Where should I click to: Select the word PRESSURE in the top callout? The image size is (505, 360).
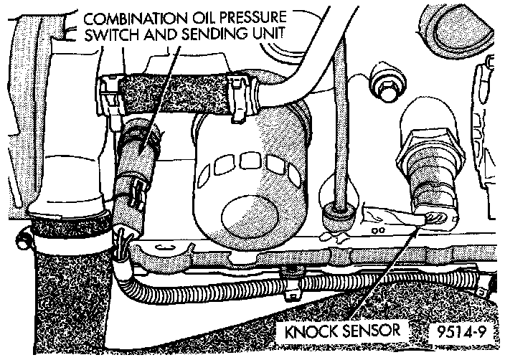pyautogui.click(x=246, y=18)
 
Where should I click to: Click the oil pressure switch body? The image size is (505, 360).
pyautogui.click(x=140, y=154)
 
